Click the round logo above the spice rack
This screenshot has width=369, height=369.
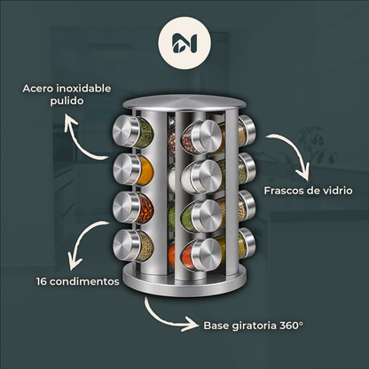(184, 43)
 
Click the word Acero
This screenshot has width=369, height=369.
(37, 89)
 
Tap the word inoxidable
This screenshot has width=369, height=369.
(83, 89)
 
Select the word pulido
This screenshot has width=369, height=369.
(67, 101)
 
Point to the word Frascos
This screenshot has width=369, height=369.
(284, 191)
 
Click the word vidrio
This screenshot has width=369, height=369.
(337, 191)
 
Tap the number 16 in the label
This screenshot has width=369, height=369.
(42, 281)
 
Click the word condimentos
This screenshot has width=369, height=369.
(84, 281)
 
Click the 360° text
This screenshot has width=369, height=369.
(292, 326)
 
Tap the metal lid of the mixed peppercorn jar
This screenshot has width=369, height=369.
(206, 137)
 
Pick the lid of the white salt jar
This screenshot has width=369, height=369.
(206, 177)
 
